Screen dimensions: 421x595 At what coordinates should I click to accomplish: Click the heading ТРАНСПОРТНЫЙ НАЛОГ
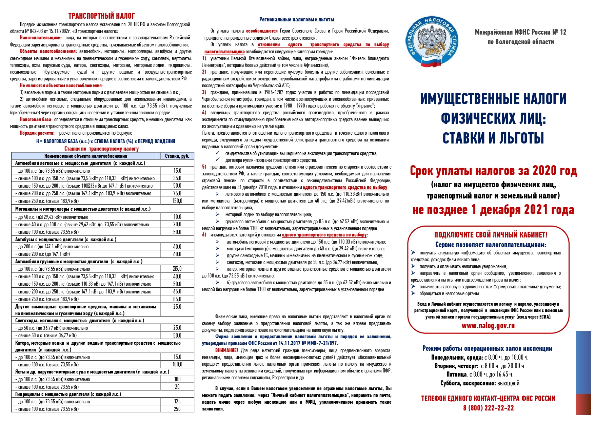(101, 16)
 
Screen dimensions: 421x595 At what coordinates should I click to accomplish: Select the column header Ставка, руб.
(177, 156)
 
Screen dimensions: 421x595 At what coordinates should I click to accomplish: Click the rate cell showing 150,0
(177, 201)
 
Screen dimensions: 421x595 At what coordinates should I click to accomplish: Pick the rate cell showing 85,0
(177, 299)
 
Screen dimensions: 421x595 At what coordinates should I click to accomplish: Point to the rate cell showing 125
(177, 402)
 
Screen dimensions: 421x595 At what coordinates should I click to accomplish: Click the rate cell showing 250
(177, 409)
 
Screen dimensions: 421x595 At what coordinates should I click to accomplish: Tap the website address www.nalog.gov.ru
(488, 326)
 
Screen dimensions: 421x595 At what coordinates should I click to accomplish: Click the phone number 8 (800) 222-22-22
(488, 408)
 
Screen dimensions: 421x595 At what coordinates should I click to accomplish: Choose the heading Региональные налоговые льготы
(297, 20)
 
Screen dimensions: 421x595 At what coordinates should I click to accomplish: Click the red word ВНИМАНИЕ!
(226, 350)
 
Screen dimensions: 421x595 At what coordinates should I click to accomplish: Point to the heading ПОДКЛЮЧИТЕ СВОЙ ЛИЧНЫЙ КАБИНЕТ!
(491, 235)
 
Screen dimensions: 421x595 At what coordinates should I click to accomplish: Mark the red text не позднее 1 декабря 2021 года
(493, 210)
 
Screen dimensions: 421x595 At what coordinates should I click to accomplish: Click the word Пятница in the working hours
(456, 375)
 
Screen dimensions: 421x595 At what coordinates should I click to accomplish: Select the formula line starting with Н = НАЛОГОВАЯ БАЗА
(105, 141)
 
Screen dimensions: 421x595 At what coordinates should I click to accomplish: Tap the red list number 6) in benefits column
(204, 235)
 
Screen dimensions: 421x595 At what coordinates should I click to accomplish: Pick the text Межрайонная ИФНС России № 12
(520, 32)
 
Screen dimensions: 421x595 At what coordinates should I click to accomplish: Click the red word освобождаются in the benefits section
(261, 31)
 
